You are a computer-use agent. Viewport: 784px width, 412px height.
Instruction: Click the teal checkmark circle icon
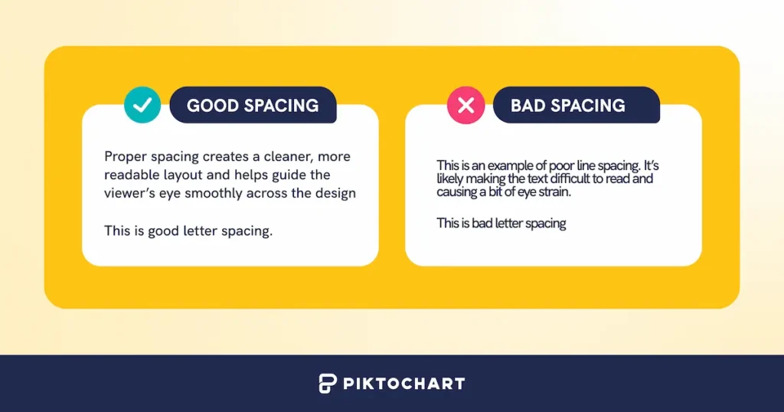[x=142, y=106]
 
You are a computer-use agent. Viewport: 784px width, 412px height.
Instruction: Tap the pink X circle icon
[x=465, y=106]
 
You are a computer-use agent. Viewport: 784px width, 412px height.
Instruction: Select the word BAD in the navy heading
[x=528, y=106]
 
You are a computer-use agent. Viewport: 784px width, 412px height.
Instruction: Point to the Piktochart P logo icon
[x=328, y=383]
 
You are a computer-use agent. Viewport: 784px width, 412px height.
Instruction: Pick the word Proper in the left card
[x=125, y=157]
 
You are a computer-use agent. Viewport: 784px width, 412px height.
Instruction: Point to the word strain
[x=554, y=192]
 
